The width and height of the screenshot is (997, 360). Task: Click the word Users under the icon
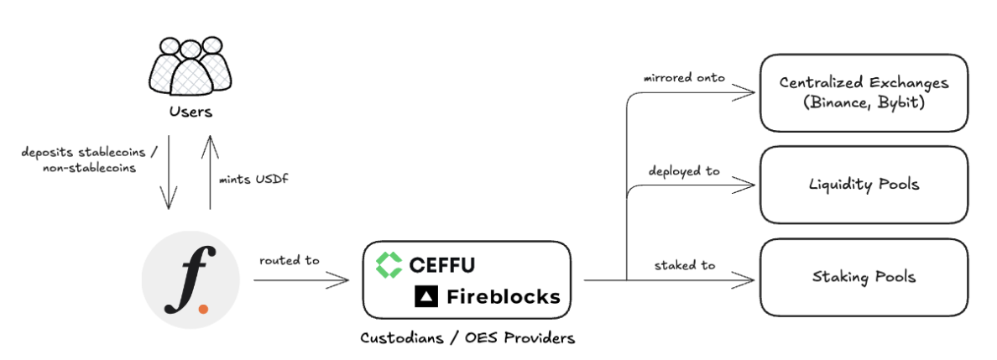point(191,112)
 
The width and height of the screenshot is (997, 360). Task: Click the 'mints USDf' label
point(253,179)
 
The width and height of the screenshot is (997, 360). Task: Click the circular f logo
point(191,280)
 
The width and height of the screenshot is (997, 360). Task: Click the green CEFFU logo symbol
point(389,265)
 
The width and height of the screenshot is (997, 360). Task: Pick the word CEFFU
point(442,265)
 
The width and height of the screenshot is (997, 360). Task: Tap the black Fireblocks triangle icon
point(427,296)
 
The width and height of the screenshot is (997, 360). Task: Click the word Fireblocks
point(503,296)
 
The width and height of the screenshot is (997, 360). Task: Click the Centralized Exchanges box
point(875,92)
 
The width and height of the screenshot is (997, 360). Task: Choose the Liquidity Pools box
point(875,185)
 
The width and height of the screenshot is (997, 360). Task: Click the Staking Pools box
point(875,276)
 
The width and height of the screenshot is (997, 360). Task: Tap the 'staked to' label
point(685,264)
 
